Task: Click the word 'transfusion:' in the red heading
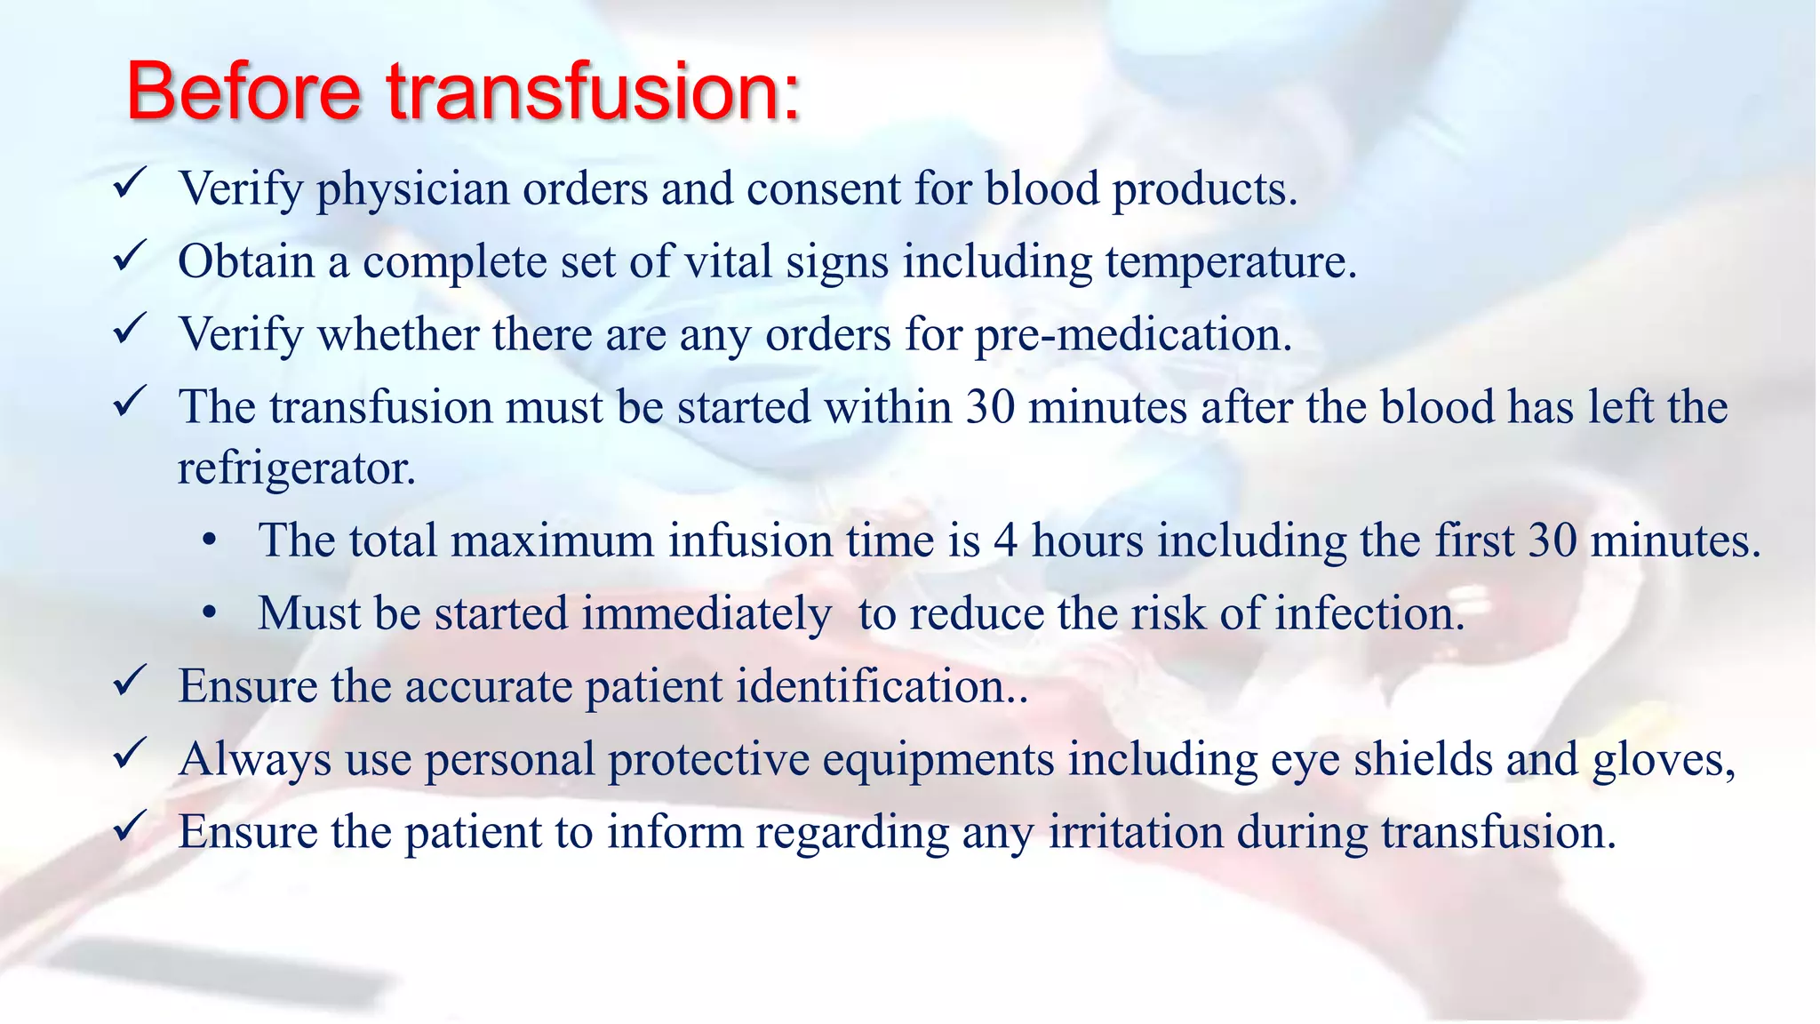coord(594,92)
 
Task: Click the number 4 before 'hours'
coord(1005,541)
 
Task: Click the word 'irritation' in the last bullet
coord(1136,833)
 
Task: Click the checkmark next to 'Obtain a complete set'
coord(130,258)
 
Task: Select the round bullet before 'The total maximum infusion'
coord(210,541)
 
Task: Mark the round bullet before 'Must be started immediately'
coord(210,614)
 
